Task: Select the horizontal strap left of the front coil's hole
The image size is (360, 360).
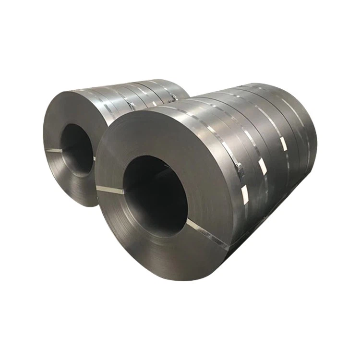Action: point(110,190)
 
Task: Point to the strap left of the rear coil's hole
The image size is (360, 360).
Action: point(54,151)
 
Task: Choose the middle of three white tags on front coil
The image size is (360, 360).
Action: point(262,166)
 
